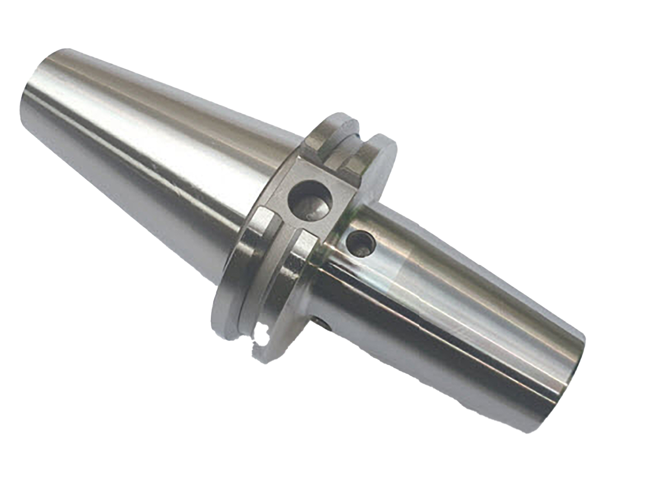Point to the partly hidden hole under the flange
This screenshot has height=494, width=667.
(325, 324)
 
